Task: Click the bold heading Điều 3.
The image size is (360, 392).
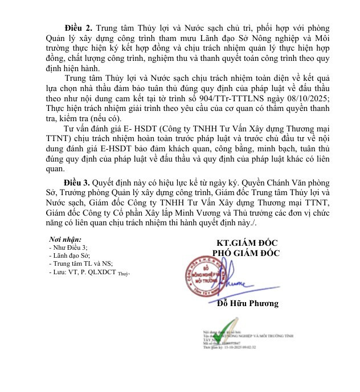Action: (x=77, y=183)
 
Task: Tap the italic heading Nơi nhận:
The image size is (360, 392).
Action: (x=65, y=240)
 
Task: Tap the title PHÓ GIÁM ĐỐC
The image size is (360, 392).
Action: (x=246, y=254)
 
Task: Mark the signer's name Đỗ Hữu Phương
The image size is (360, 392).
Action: (x=248, y=303)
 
